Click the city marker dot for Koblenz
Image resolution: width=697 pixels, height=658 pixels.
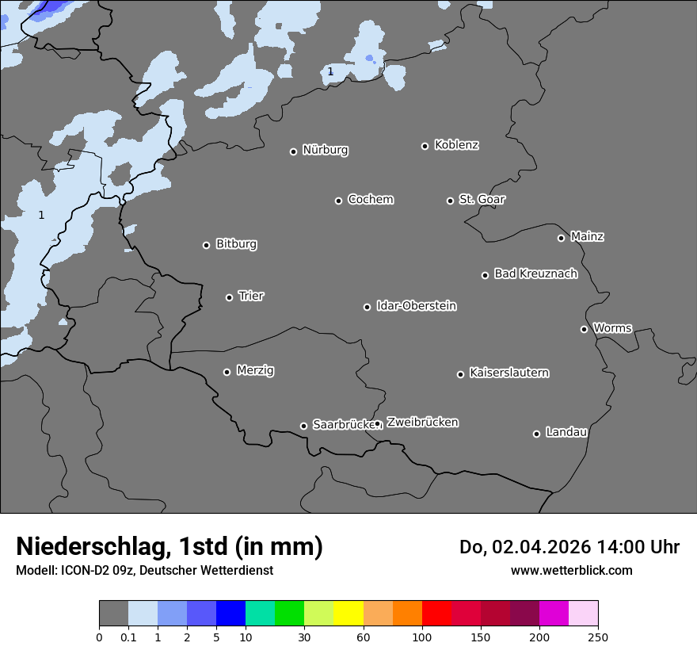click(425, 146)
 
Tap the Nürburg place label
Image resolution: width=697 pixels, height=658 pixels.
click(325, 150)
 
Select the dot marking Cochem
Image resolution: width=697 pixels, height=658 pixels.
click(338, 201)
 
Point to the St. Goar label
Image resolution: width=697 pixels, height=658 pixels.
click(482, 199)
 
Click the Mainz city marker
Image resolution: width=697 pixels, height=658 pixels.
click(561, 238)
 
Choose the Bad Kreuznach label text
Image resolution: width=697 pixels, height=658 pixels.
click(535, 274)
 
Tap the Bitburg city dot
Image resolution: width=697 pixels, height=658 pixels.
click(206, 245)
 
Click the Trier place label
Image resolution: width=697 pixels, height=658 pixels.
click(251, 296)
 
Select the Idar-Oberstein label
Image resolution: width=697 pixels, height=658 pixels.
click(416, 306)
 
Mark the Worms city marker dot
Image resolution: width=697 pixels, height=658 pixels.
click(584, 329)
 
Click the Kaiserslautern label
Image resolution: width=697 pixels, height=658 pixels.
click(508, 373)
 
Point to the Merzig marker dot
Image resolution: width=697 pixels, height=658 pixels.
click(227, 372)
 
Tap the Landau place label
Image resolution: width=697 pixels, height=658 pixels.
click(566, 432)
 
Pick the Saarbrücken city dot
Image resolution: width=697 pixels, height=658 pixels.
click(303, 426)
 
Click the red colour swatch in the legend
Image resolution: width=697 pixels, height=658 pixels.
click(436, 614)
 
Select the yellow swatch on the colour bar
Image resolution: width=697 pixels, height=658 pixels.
click(348, 614)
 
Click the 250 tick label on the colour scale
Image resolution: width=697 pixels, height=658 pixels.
click(598, 637)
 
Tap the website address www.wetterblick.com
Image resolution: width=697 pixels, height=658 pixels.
click(571, 570)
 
